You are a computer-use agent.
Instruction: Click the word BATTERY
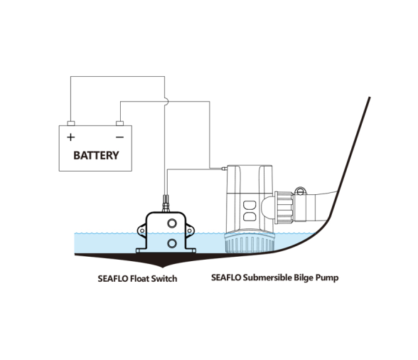[96, 155]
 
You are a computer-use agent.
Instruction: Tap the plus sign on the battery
[70, 137]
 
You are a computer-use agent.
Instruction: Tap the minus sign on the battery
[119, 137]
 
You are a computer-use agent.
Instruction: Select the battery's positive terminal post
[71, 123]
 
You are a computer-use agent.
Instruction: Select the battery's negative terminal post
[119, 123]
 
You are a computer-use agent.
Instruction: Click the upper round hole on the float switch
[172, 223]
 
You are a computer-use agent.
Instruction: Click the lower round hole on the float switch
[172, 243]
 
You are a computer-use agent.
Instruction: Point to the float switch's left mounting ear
[141, 231]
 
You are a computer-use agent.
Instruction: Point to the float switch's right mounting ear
[190, 231]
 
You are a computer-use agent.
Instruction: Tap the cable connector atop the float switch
[166, 204]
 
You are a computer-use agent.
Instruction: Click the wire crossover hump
[166, 102]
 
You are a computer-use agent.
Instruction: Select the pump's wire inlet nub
[224, 169]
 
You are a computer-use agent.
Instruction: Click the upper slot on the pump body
[250, 206]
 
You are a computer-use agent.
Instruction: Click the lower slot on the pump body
[250, 216]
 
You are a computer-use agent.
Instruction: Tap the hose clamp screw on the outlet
[300, 191]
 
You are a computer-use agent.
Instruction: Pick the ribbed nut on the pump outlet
[284, 207]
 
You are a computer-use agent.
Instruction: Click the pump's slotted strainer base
[250, 242]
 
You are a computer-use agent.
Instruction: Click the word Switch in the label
[164, 279]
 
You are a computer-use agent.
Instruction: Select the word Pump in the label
[327, 277]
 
